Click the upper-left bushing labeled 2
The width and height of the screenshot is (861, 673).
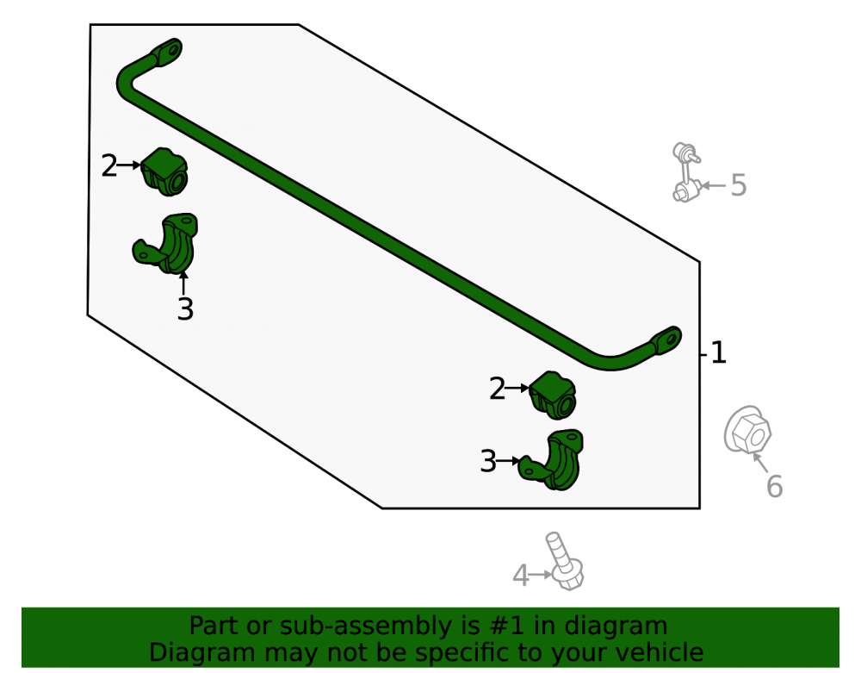pos(164,171)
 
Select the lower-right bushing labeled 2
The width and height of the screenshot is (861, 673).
pos(553,395)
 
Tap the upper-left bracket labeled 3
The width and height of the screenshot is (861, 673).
pos(168,243)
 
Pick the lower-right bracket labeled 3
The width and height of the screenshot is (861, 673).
pos(553,460)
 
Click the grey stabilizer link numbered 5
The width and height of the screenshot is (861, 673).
pos(686,172)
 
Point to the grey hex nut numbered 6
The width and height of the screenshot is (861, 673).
pos(747,430)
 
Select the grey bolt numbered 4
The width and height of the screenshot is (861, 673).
pos(565,562)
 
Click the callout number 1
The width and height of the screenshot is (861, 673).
pos(718,352)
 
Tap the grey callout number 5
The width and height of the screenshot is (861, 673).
pos(739,185)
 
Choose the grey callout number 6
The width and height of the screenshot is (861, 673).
pos(774,486)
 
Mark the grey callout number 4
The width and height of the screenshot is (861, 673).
pos(521,576)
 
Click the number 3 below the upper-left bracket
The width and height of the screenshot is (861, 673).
pos(186,309)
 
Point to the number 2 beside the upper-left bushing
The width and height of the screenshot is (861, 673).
pos(109,165)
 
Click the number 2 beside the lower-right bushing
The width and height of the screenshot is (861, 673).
pos(497,389)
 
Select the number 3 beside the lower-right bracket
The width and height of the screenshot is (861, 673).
pos(488,461)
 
